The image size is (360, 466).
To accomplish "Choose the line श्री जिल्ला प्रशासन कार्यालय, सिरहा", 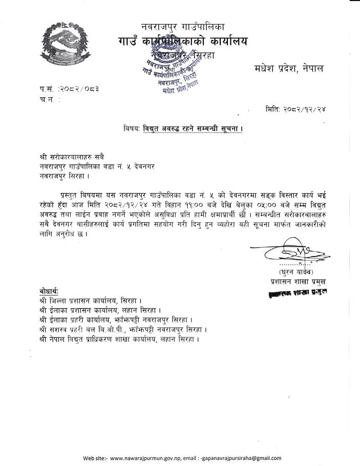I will [90, 300].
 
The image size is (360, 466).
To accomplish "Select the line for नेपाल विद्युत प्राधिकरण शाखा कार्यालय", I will [119, 338].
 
